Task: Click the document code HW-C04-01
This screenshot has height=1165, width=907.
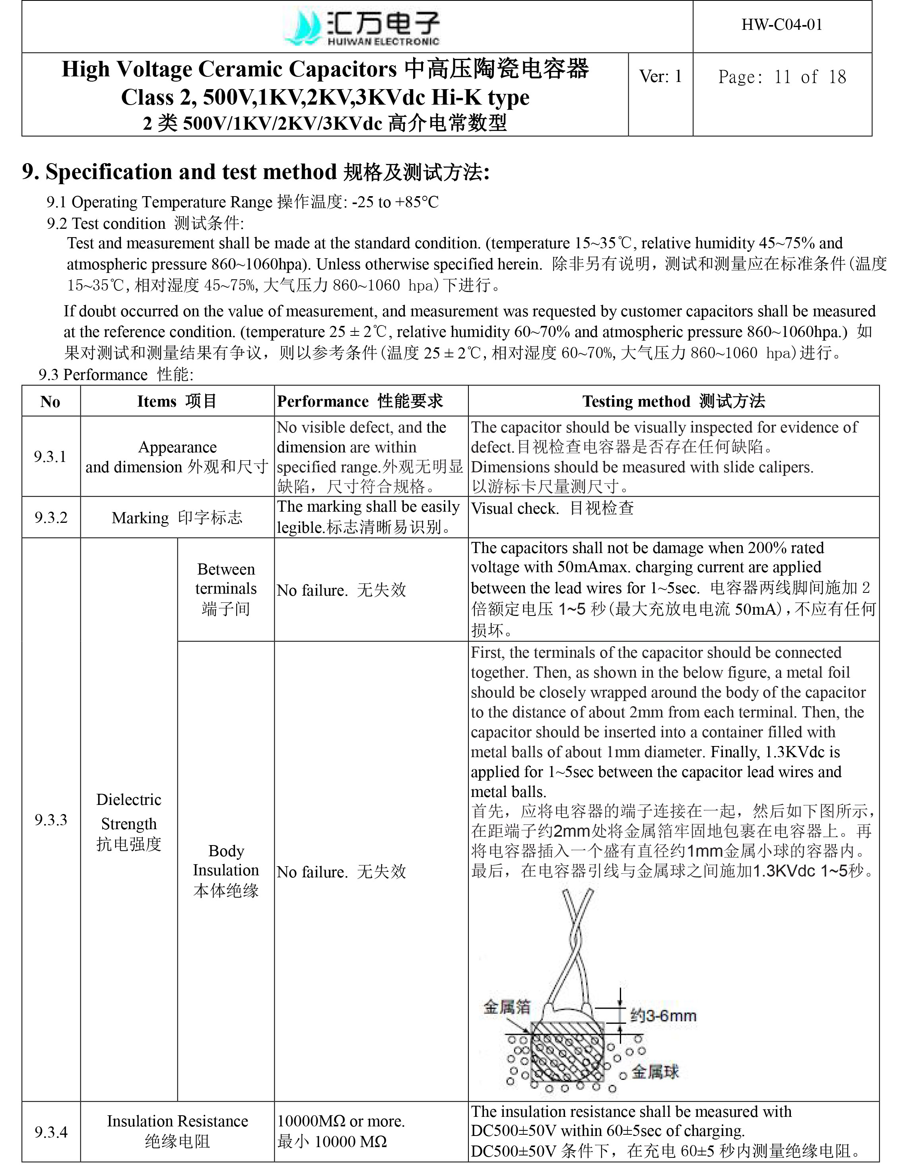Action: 782,25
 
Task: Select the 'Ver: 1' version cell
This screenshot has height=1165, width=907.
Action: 660,77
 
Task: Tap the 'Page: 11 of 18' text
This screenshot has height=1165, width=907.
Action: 782,77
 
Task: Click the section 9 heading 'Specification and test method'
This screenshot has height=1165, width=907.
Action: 256,172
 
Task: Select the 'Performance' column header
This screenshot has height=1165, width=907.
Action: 360,401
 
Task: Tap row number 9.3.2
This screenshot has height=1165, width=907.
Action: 50,517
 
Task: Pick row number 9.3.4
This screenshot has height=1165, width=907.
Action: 50,1132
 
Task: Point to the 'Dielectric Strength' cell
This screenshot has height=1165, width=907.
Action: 128,822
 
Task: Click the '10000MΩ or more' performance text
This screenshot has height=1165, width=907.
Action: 341,1121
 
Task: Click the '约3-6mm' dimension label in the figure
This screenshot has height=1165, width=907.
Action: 663,1015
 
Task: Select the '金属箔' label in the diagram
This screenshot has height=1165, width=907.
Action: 507,1007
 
